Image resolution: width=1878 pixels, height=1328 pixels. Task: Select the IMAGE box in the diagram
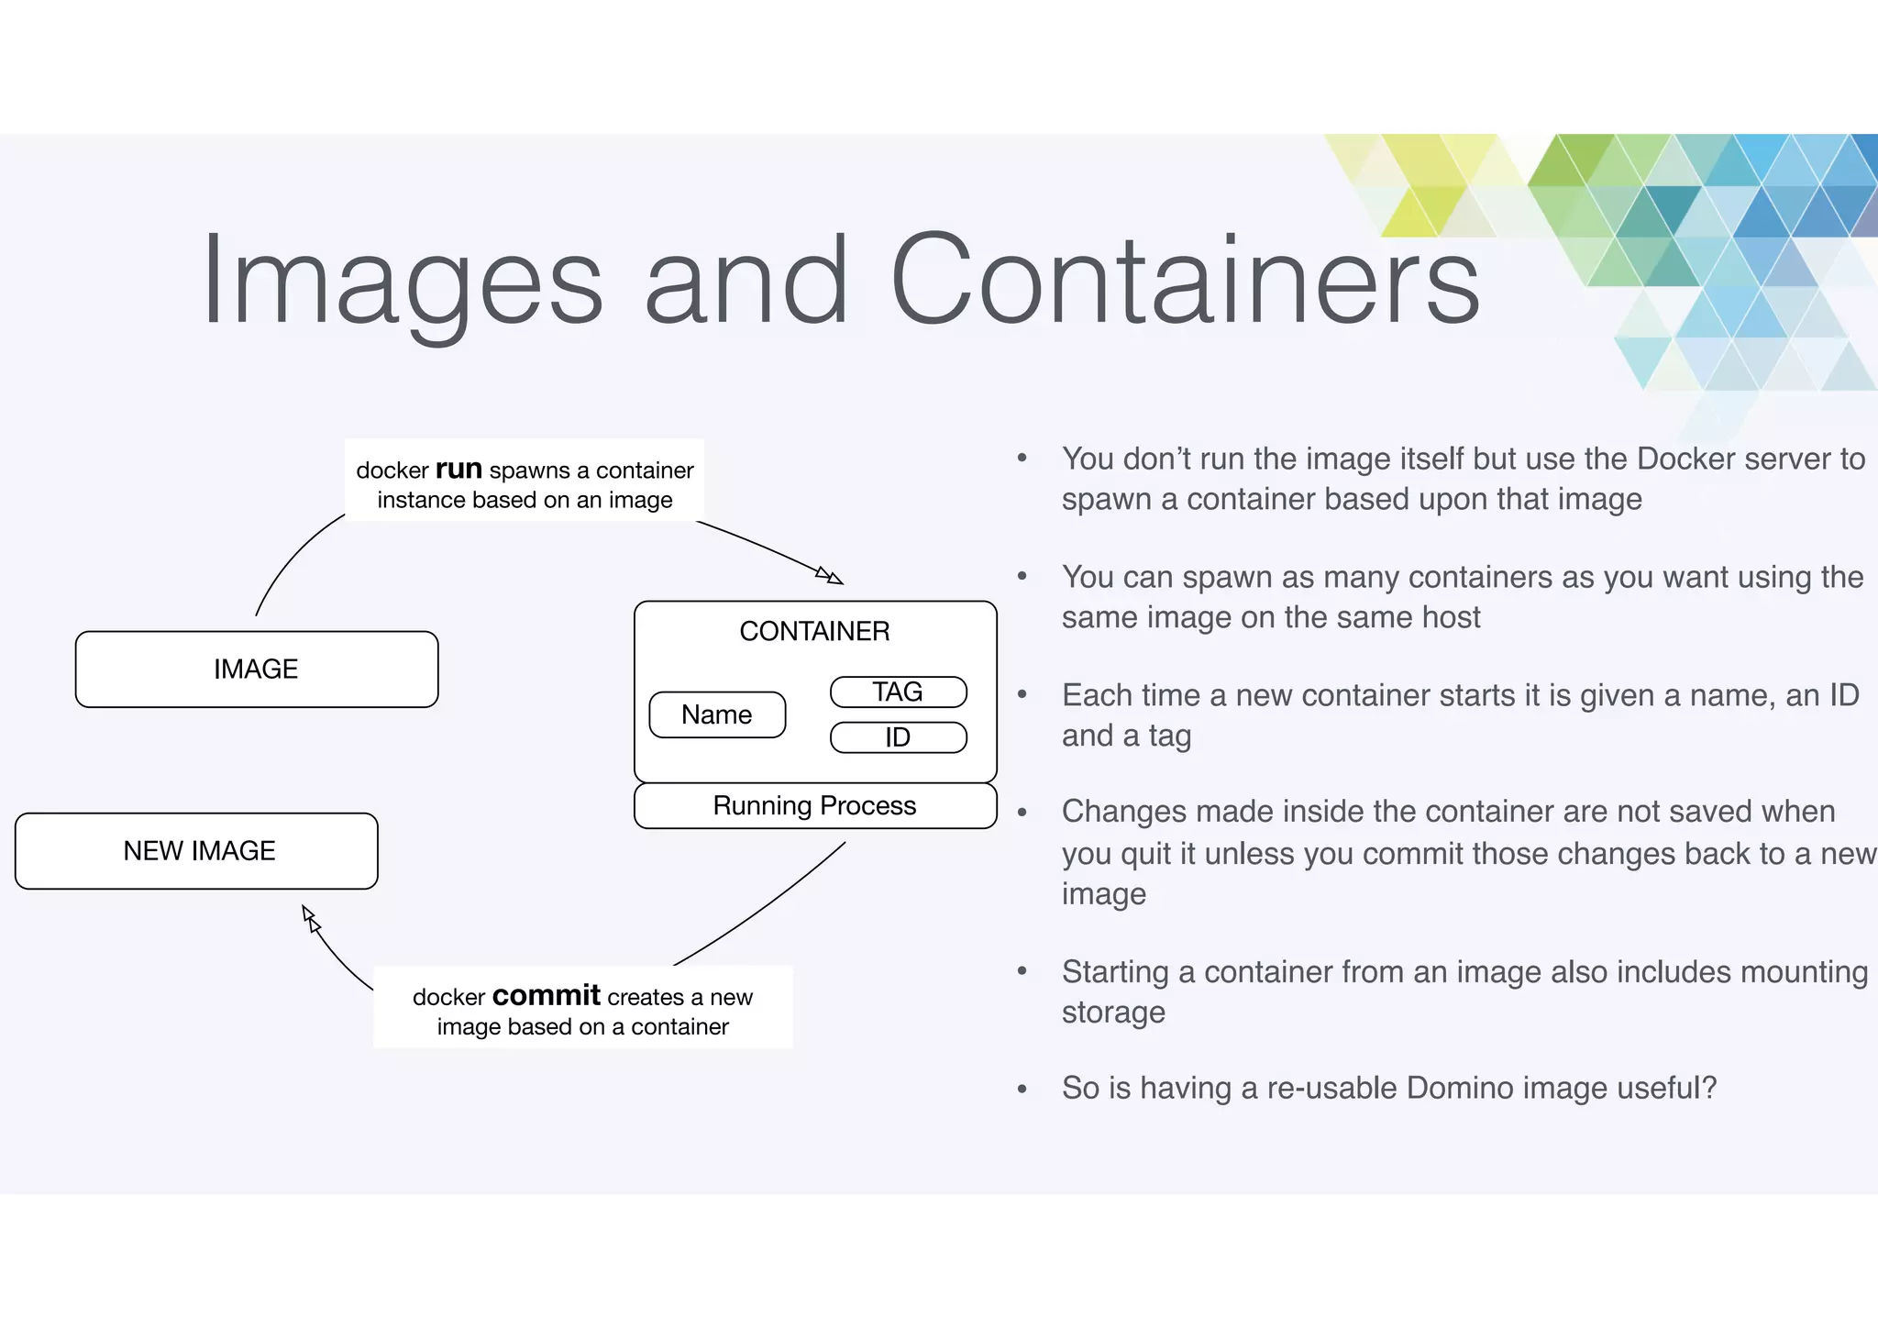[x=257, y=670]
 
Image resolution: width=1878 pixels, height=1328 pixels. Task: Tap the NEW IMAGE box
[x=197, y=851]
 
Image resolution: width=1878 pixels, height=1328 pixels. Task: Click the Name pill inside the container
[x=717, y=714]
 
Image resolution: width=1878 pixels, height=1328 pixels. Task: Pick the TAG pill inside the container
[x=898, y=692]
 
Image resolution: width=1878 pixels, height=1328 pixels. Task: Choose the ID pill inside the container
[x=898, y=737]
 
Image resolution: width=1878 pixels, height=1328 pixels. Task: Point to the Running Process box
[x=815, y=805]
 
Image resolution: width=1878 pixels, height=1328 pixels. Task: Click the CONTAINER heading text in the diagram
[x=814, y=631]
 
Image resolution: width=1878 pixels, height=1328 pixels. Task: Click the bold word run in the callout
[x=458, y=469]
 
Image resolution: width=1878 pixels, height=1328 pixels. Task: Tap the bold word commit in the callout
[x=546, y=995]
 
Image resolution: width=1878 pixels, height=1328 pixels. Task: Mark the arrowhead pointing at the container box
[x=831, y=577]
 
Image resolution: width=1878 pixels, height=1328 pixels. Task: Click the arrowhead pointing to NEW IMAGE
[x=310, y=916]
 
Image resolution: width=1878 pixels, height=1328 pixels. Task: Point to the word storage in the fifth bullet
[x=1113, y=1013]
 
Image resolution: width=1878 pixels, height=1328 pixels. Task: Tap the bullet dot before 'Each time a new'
[x=1022, y=694]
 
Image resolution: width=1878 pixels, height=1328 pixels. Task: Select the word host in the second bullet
[x=1451, y=617]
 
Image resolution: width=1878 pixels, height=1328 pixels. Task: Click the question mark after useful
[x=1709, y=1088]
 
